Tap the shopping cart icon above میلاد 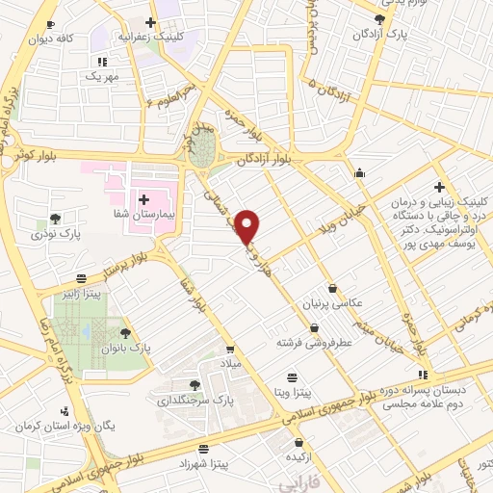229,350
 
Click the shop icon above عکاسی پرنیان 332,287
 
